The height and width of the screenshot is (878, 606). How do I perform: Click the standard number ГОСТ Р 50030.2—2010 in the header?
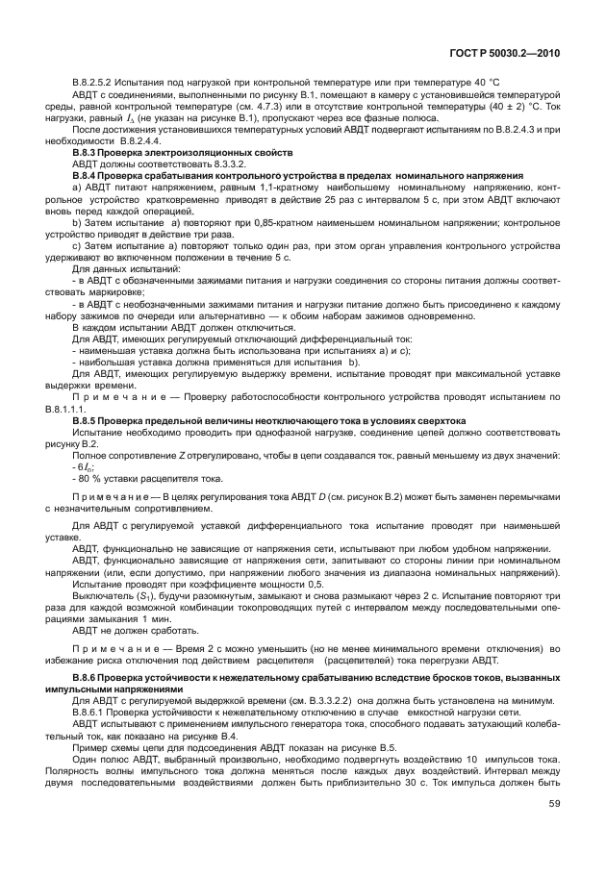[515, 56]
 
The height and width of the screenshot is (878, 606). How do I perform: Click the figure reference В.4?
[234, 733]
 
